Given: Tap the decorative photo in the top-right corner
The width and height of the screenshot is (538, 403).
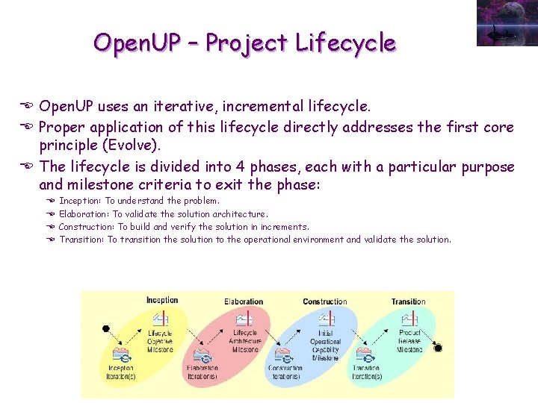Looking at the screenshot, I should (506, 22).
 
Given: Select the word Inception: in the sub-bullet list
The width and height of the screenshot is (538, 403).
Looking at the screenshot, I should (81, 201).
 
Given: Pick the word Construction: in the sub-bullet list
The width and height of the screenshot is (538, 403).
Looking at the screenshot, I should (87, 227).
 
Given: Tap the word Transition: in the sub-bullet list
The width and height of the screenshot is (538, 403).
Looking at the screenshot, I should (81, 240).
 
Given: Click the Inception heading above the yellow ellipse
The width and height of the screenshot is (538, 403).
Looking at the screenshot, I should (162, 301).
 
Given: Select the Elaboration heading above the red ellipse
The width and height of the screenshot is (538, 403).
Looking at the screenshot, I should (244, 302).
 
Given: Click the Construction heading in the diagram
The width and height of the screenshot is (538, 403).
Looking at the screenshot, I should (325, 302).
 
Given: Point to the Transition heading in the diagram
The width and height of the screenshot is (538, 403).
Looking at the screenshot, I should (408, 302).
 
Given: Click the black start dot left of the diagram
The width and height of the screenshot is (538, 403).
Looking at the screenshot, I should (106, 328).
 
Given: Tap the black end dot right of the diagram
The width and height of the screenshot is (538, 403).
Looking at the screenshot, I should (439, 348).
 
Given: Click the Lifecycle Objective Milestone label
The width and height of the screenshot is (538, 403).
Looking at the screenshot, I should (160, 341).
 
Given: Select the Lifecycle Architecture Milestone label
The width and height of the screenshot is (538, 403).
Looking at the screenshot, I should (245, 341).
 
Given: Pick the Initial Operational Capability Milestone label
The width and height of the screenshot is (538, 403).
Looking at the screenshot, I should (325, 345).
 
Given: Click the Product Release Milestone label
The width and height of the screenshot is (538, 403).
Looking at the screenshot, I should (409, 341).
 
